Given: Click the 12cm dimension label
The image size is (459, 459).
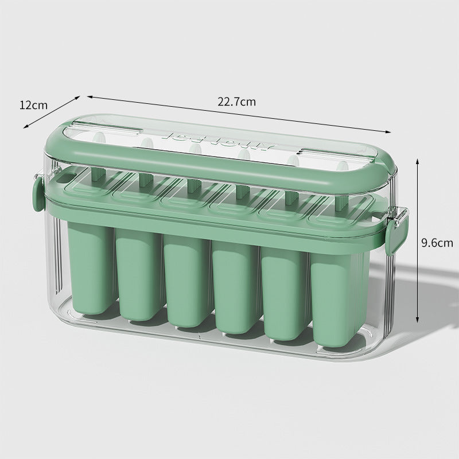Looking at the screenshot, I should [x=33, y=105].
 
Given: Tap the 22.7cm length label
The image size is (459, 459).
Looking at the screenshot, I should [x=236, y=102].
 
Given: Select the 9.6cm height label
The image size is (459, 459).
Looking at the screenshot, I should [x=437, y=242].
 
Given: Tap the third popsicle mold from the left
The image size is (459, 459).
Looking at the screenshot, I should [x=185, y=281].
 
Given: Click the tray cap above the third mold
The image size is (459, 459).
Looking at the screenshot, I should [x=186, y=196].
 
